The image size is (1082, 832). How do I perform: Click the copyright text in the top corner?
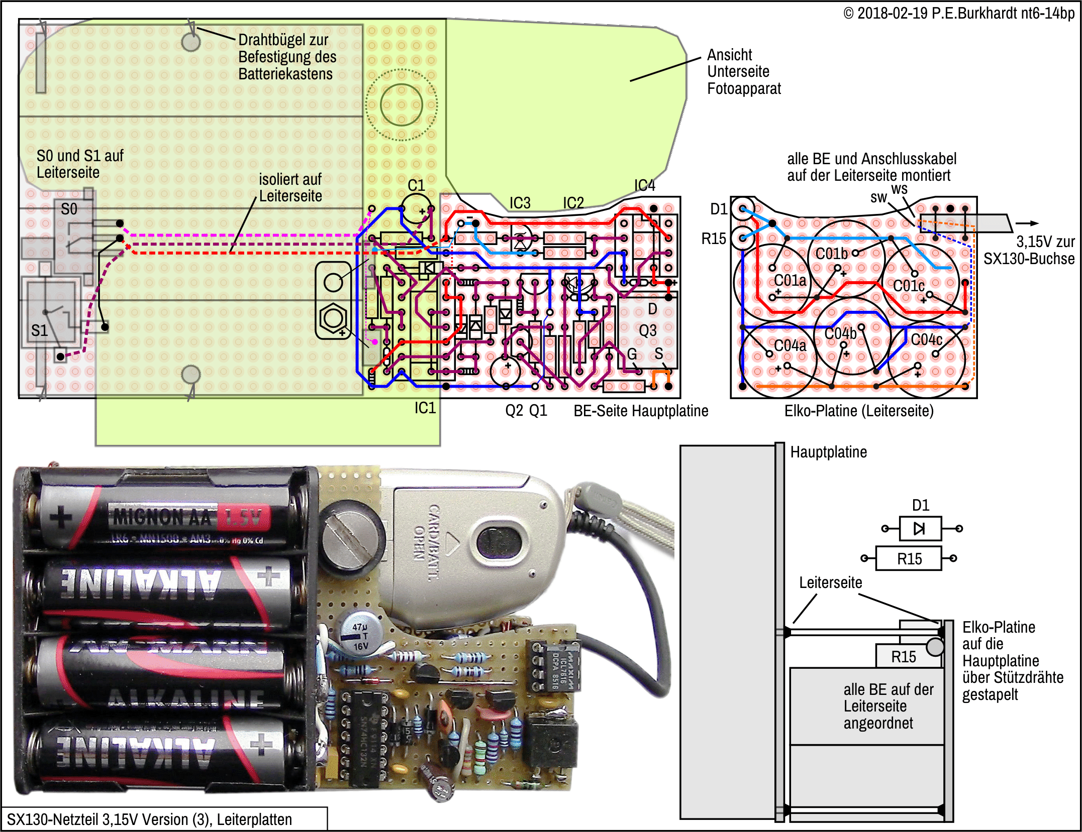click(x=958, y=13)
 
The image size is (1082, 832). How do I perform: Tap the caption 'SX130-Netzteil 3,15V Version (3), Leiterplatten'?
click(x=149, y=819)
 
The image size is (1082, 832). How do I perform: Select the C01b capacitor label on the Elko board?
click(x=831, y=254)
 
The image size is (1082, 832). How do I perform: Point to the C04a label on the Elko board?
click(x=790, y=345)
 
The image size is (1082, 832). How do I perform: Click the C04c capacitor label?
click(x=926, y=340)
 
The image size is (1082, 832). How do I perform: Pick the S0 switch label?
click(x=69, y=209)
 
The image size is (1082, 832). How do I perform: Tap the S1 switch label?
click(x=39, y=330)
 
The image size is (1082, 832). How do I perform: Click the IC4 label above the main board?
click(x=644, y=186)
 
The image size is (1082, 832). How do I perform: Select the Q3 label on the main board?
click(x=648, y=330)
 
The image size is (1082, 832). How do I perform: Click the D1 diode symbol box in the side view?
click(x=920, y=528)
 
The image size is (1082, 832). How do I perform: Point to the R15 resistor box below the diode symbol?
click(x=909, y=558)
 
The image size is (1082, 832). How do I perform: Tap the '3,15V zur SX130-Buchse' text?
click(x=1029, y=250)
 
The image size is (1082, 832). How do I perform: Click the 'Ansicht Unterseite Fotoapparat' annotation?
click(x=744, y=72)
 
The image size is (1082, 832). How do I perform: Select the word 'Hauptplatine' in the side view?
click(x=828, y=452)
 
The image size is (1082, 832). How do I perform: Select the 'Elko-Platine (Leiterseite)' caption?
click(x=859, y=411)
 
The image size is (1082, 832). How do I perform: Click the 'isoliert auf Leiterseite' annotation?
click(x=290, y=187)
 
